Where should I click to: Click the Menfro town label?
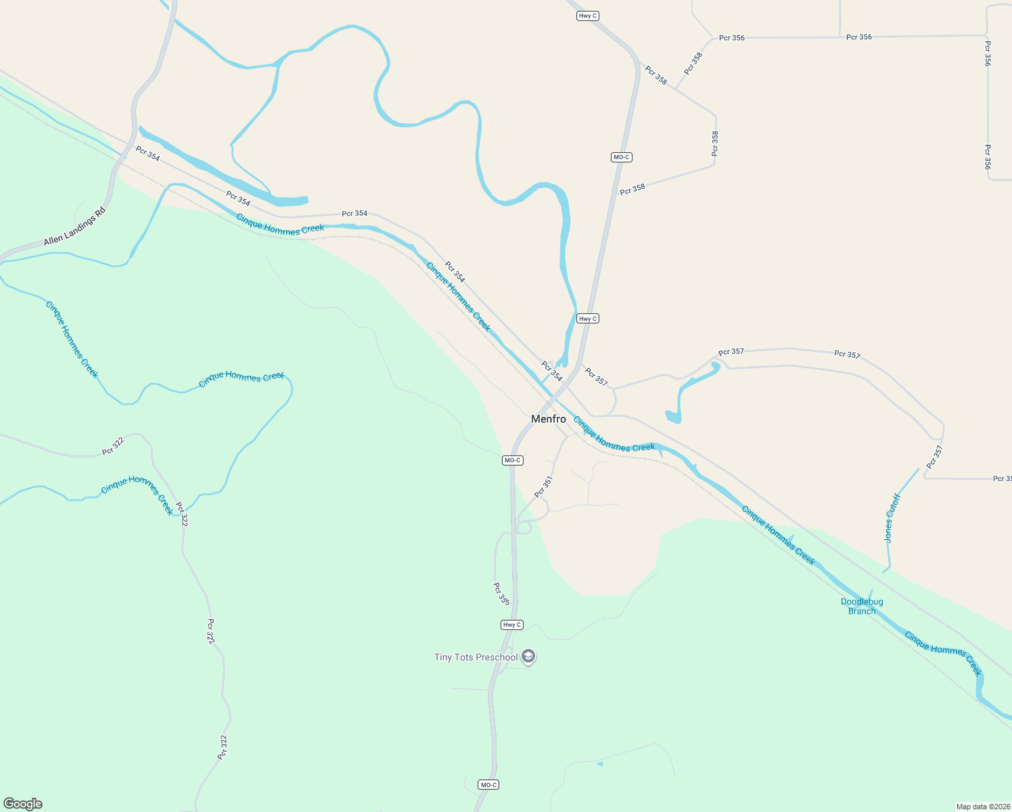click(549, 419)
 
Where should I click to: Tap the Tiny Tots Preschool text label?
click(476, 657)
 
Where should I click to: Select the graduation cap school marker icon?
click(529, 656)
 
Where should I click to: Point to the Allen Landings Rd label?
click(75, 227)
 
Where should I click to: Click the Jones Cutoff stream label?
click(893, 518)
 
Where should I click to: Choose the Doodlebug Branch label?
click(862, 606)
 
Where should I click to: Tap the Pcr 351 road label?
click(544, 487)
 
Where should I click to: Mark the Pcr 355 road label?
click(501, 593)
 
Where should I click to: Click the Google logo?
click(23, 804)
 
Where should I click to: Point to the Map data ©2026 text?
click(983, 807)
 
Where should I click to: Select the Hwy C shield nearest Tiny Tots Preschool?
click(512, 625)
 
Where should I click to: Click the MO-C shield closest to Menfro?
click(513, 460)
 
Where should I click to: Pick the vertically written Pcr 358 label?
click(715, 143)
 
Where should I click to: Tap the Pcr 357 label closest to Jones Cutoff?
click(934, 457)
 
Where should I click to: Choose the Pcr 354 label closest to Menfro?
click(551, 371)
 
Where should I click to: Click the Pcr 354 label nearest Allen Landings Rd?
click(147, 154)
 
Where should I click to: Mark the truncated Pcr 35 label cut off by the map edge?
click(1002, 478)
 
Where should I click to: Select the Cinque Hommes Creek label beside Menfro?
click(614, 434)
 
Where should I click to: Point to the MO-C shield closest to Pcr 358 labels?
click(621, 157)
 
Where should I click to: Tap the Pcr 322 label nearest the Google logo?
click(223, 747)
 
